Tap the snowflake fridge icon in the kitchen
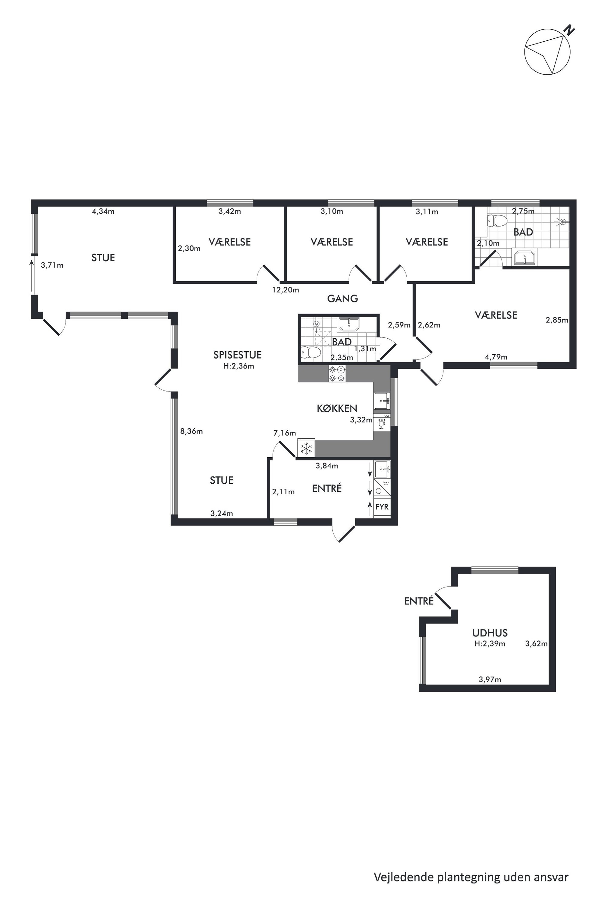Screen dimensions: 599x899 pos(306,448)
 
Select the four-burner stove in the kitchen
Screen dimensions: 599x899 pos(337,373)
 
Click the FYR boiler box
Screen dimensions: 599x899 pos(382,507)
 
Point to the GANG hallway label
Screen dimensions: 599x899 pos(342,298)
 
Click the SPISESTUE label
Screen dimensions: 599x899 pos(237,355)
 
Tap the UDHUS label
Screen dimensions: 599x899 pos(490,633)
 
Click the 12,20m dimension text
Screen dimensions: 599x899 pos(285,290)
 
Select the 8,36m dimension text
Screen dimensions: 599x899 pos(191,431)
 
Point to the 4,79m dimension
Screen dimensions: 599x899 pos(496,357)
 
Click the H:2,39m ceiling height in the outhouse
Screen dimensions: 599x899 pos(490,644)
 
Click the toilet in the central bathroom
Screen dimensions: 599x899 pos(310,353)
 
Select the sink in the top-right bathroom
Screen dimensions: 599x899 pos(524,256)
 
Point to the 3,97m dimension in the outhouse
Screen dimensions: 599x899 pos(490,679)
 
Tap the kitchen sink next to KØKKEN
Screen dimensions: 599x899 pos(382,401)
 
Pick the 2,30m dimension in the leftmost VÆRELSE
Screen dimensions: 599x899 pos(189,248)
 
